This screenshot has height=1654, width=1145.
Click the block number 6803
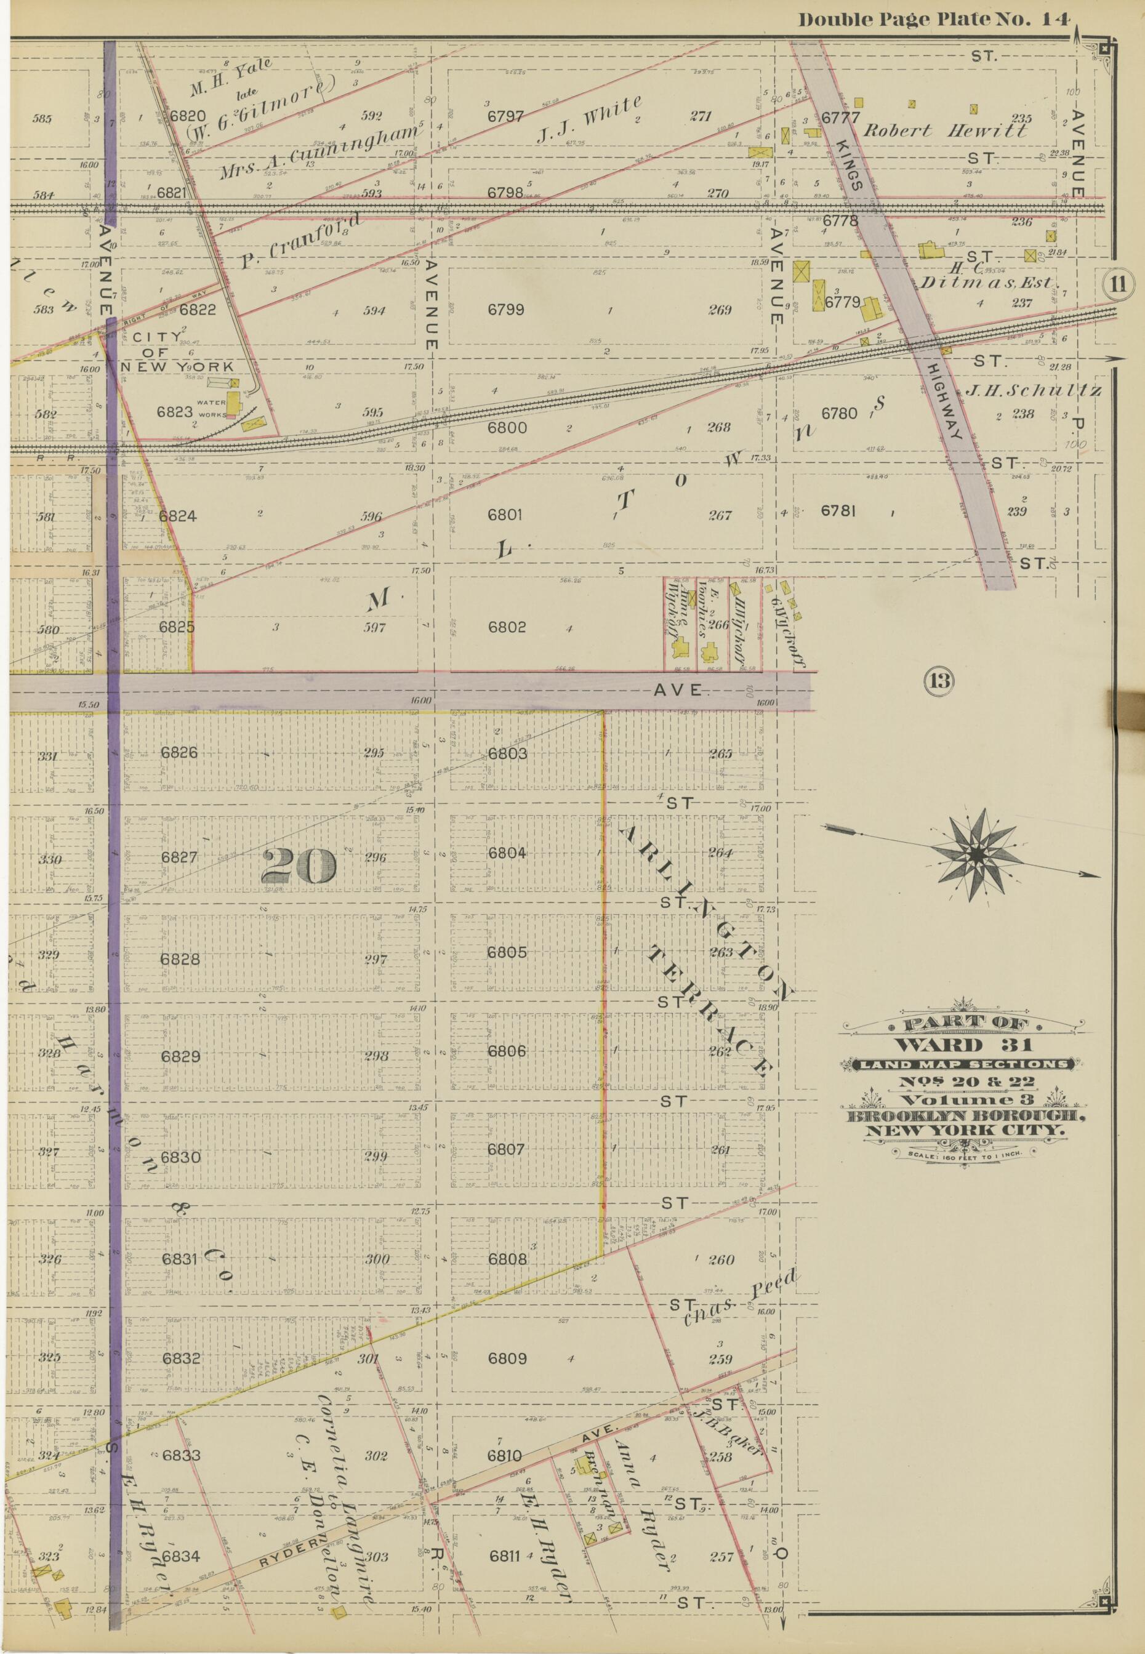click(x=507, y=753)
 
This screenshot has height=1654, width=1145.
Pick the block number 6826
click(x=179, y=752)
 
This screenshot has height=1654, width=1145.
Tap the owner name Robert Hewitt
click(x=944, y=130)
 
